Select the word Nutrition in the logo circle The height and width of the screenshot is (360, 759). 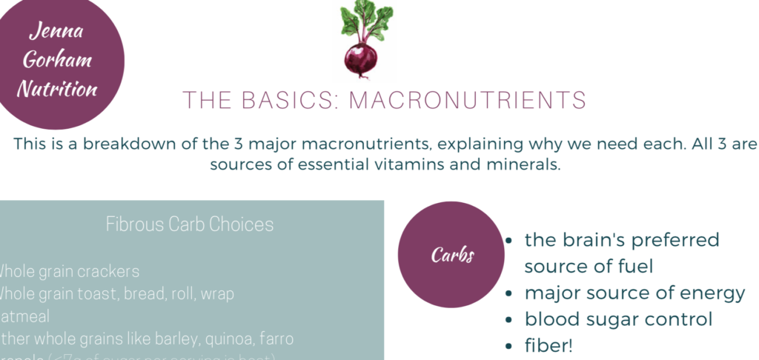[x=57, y=90]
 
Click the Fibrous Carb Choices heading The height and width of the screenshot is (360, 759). [x=190, y=224]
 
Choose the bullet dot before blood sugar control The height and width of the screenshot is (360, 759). [x=508, y=320]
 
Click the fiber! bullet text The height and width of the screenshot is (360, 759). [x=549, y=346]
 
